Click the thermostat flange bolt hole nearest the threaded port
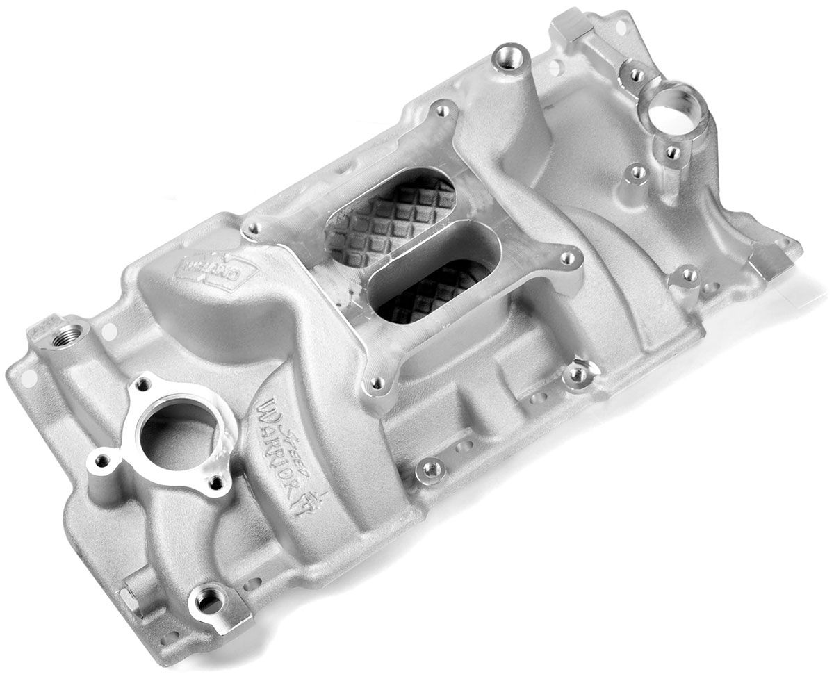coord(145,380)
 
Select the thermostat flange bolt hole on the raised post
coord(103,459)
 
